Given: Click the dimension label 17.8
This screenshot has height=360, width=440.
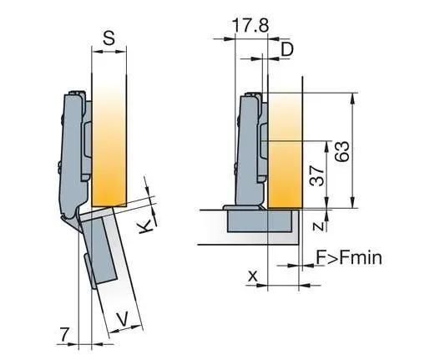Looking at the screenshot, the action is pyautogui.click(x=250, y=25).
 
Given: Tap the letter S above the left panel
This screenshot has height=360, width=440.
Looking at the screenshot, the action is pyautogui.click(x=109, y=38).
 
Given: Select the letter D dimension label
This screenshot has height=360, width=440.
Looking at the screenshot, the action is pyautogui.click(x=286, y=49).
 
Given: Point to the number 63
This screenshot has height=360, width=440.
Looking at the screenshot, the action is pyautogui.click(x=342, y=152).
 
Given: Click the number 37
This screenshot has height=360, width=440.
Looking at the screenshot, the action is pyautogui.click(x=316, y=175).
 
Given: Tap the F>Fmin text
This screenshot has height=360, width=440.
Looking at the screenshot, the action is pyautogui.click(x=349, y=257).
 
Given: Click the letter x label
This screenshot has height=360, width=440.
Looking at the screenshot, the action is pyautogui.click(x=252, y=276).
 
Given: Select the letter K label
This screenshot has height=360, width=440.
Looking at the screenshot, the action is pyautogui.click(x=145, y=226).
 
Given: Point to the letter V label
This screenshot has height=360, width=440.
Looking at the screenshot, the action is pyautogui.click(x=123, y=319).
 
